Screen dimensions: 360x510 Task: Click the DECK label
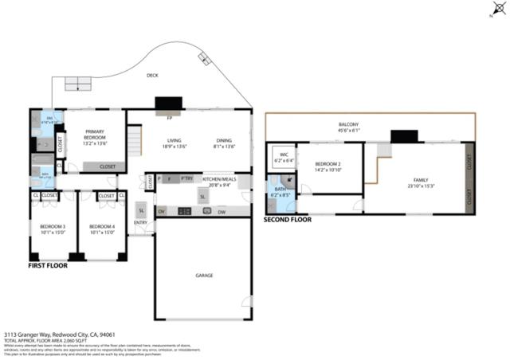pyautogui.click(x=152, y=76)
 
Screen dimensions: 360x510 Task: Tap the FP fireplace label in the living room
pyautogui.click(x=169, y=119)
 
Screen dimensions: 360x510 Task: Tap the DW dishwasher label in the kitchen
pyautogui.click(x=222, y=211)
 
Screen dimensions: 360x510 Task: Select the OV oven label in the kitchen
pyautogui.click(x=161, y=211)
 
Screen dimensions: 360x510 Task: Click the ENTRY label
pyautogui.click(x=140, y=222)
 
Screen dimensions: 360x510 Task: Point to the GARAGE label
pyautogui.click(x=204, y=275)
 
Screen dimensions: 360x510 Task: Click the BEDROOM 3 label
pyautogui.click(x=53, y=227)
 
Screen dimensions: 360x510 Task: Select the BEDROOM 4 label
pyautogui.click(x=102, y=227)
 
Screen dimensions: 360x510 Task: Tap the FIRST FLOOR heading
pyautogui.click(x=48, y=266)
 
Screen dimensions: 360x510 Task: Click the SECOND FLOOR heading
pyautogui.click(x=287, y=218)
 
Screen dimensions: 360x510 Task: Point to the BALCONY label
pyautogui.click(x=348, y=124)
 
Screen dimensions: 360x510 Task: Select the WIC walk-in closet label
pyautogui.click(x=283, y=155)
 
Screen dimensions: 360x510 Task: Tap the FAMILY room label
pyautogui.click(x=420, y=180)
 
